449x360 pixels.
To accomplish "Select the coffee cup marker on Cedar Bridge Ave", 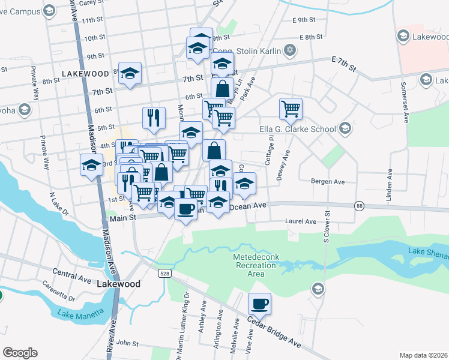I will tap(259, 304).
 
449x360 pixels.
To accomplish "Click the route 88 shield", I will tap(359, 205).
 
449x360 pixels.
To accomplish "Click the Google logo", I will tap(20, 352).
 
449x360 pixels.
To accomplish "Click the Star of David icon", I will tap(290, 50).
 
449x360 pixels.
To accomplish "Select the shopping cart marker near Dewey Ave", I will tap(291, 109).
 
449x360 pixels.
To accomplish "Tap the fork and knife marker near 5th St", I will tap(154, 118).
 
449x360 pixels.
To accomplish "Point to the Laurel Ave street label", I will tap(301, 221).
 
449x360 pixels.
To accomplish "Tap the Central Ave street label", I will tap(71, 278).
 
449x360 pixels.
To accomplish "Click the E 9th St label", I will tap(304, 20).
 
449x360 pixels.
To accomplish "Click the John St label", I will tap(128, 344).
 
